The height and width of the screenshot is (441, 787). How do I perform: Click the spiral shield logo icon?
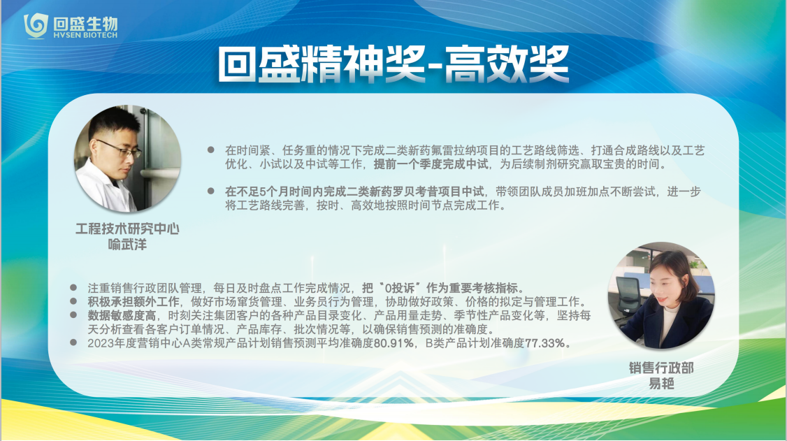click(x=36, y=26)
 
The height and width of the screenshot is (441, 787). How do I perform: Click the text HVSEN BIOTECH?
click(x=85, y=36)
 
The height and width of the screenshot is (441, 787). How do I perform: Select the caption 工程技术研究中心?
click(x=127, y=229)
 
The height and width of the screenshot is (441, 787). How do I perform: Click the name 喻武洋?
click(x=127, y=245)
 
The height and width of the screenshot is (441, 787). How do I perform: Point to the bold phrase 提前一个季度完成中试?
click(x=431, y=164)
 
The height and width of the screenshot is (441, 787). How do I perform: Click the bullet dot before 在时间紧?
click(x=211, y=150)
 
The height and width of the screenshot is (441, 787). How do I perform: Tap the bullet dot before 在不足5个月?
click(x=211, y=191)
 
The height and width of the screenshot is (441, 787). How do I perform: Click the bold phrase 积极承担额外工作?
click(x=133, y=302)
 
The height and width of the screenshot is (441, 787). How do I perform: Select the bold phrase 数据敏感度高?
click(x=122, y=316)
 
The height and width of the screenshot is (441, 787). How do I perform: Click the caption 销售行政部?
click(x=661, y=368)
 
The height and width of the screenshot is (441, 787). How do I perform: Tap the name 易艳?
click(x=661, y=384)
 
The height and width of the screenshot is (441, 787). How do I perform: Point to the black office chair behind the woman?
click(x=629, y=296)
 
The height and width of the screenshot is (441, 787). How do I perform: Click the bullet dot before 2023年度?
click(x=73, y=342)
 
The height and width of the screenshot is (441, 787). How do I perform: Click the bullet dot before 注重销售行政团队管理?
click(x=73, y=287)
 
